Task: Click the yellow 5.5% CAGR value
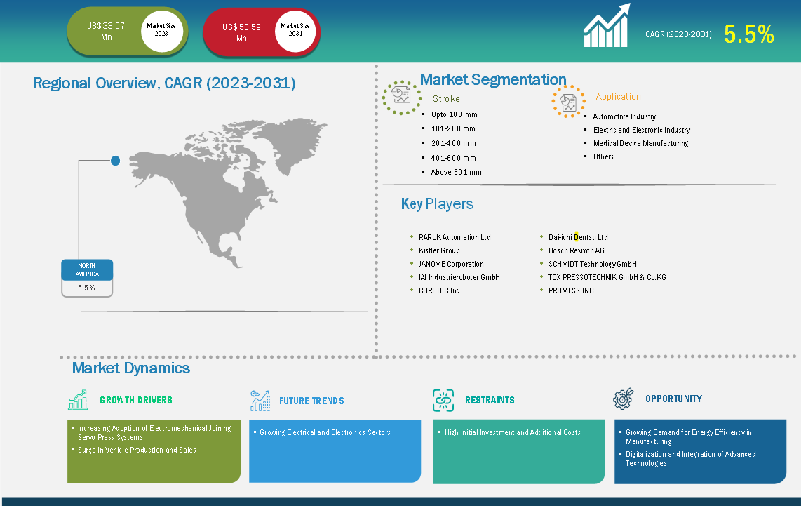click(749, 34)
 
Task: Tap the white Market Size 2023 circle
click(161, 30)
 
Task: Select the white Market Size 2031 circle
click(295, 30)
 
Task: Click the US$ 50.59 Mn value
click(241, 32)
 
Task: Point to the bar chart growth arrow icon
click(607, 25)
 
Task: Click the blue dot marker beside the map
click(116, 161)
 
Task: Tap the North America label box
click(87, 270)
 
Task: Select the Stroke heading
click(446, 99)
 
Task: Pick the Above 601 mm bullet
click(456, 172)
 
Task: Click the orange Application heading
click(618, 97)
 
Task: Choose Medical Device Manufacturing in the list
click(640, 143)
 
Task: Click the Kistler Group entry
click(439, 250)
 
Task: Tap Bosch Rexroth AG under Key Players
click(577, 250)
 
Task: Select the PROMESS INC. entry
click(572, 290)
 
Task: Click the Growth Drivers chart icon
click(78, 400)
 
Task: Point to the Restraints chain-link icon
click(443, 400)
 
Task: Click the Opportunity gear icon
click(623, 399)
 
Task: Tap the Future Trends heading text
click(311, 401)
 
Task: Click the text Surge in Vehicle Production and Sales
click(137, 450)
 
